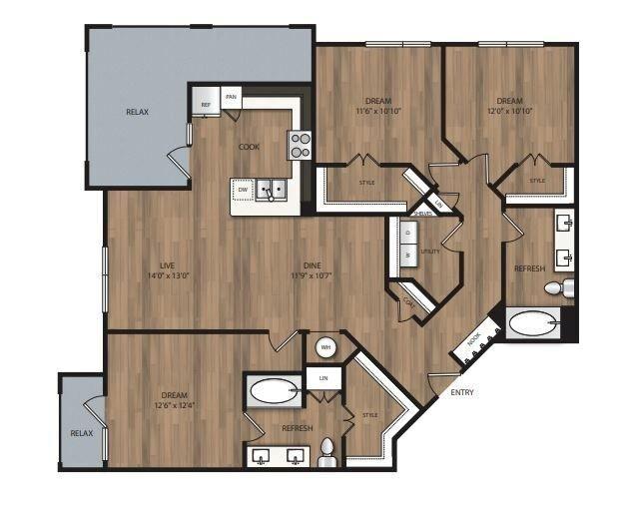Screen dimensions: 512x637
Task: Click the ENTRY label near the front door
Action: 462,393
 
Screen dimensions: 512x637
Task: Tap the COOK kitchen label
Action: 249,147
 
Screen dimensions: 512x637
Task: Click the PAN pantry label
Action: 232,97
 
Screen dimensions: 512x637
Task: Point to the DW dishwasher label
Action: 243,188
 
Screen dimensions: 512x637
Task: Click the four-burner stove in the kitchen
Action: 301,146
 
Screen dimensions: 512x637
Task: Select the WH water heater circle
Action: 325,347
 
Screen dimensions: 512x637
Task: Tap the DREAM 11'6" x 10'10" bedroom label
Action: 377,106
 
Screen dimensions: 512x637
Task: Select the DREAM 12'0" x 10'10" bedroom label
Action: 510,106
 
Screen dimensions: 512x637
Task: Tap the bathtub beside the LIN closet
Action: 274,391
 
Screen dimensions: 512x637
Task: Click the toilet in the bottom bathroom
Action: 326,455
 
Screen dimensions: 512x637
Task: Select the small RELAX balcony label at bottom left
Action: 81,433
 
